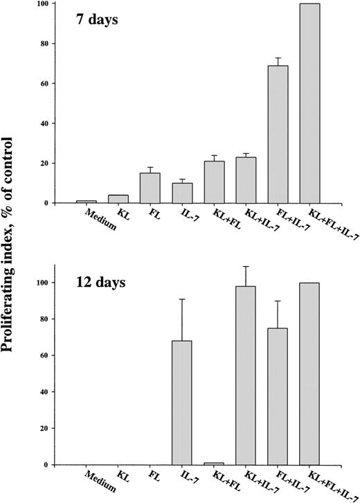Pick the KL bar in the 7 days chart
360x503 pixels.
[118, 199]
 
